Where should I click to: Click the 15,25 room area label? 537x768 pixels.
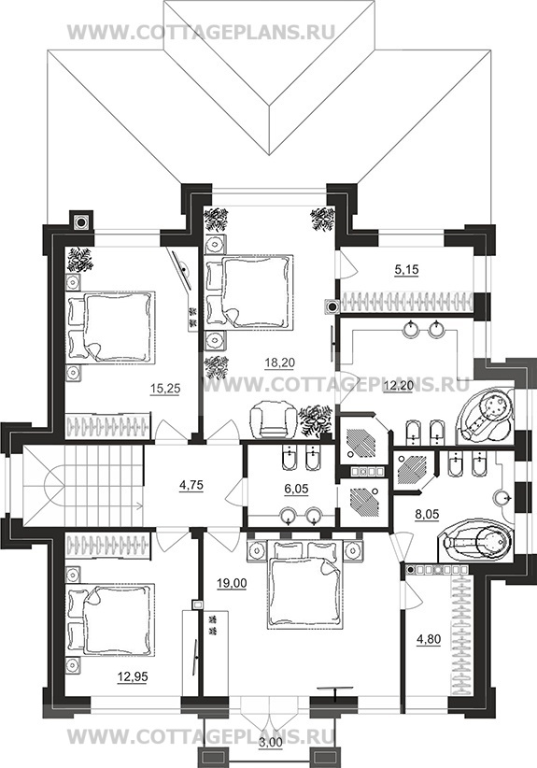click(165, 389)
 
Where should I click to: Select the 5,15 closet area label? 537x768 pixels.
click(407, 269)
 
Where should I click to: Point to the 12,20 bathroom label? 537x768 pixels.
click(399, 387)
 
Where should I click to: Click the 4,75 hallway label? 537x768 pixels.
click(191, 486)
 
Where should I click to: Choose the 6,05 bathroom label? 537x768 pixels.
click(296, 489)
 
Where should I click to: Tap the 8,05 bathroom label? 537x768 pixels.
click(427, 515)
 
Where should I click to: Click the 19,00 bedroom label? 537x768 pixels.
click(232, 583)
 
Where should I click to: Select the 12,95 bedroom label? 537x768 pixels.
click(133, 676)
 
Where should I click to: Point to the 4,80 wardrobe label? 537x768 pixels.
click(429, 639)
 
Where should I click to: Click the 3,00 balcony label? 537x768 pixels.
click(271, 756)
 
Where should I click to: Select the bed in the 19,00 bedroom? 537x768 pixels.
click(304, 584)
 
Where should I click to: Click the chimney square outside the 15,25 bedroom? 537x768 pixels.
click(80, 221)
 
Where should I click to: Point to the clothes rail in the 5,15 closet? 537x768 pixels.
click(407, 302)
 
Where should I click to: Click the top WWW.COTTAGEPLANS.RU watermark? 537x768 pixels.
click(201, 33)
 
